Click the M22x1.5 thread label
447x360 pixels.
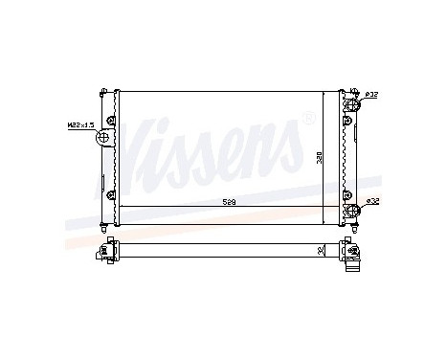coord(80,124)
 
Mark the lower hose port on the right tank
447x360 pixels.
coord(354,209)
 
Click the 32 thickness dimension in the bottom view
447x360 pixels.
coord(320,251)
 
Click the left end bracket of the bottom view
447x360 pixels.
coord(103,253)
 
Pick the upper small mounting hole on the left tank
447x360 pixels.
coord(112,120)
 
